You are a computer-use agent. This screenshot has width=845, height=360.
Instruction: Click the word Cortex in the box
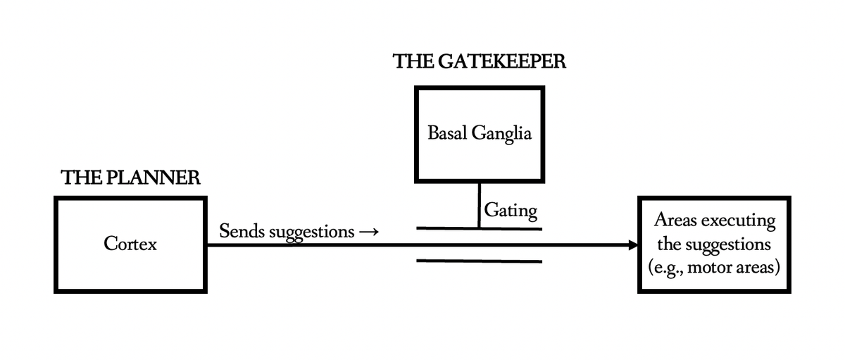pyautogui.click(x=130, y=244)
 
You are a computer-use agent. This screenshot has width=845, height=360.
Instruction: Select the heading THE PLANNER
pyautogui.click(x=130, y=178)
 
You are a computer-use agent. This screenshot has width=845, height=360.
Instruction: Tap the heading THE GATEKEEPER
pyautogui.click(x=479, y=62)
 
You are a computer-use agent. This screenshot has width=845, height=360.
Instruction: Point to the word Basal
pyautogui.click(x=448, y=133)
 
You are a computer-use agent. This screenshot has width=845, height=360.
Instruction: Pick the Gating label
pyautogui.click(x=511, y=210)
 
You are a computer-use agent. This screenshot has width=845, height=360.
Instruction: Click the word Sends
pyautogui.click(x=240, y=230)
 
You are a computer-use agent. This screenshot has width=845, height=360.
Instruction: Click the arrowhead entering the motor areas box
pyautogui.click(x=632, y=245)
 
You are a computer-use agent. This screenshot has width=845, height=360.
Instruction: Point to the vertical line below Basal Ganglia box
pyautogui.click(x=480, y=205)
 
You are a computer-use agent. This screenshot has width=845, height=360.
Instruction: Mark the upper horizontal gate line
pyautogui.click(x=479, y=228)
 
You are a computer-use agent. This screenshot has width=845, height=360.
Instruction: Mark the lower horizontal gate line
pyautogui.click(x=479, y=261)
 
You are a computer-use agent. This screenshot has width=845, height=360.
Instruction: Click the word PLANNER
pyautogui.click(x=158, y=178)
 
